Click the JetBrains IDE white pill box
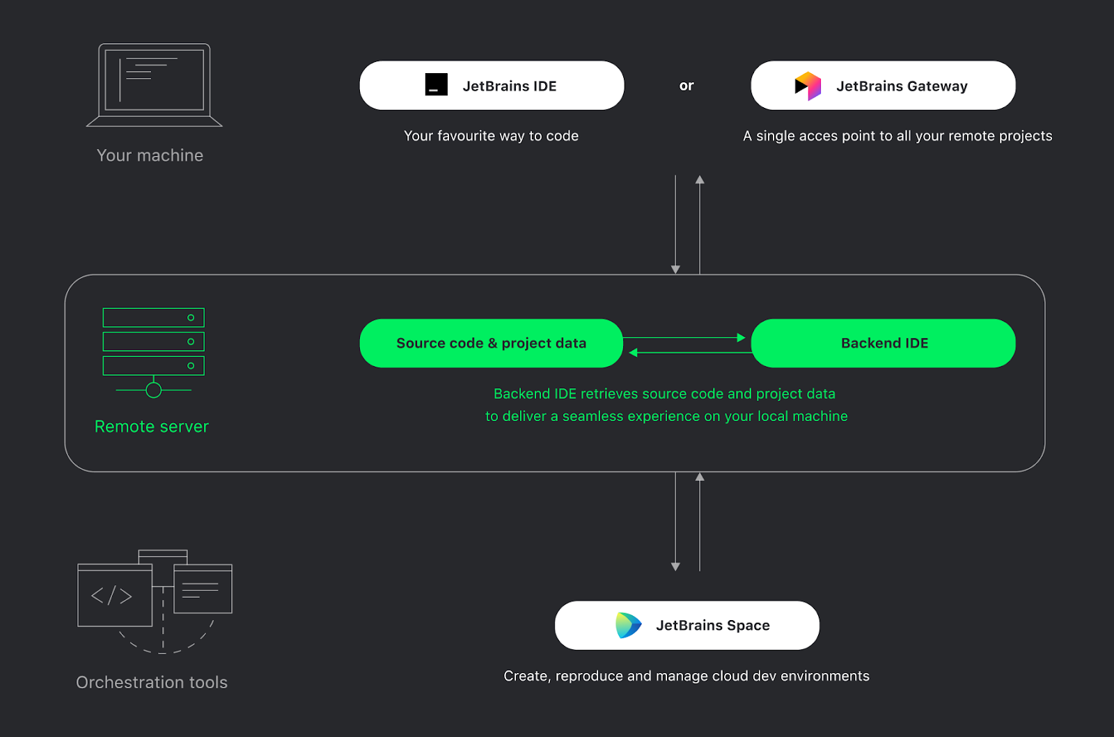click(x=492, y=86)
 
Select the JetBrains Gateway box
click(x=883, y=86)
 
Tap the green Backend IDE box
click(x=884, y=343)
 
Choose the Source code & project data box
click(x=491, y=343)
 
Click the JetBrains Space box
click(x=687, y=625)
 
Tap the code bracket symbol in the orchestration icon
click(x=111, y=596)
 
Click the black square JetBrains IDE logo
click(x=437, y=85)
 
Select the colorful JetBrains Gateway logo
click(x=808, y=86)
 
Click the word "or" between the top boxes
click(x=687, y=86)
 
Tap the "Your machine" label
click(x=150, y=155)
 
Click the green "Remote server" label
click(x=152, y=427)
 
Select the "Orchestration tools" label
click(x=152, y=682)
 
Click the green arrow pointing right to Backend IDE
click(x=741, y=338)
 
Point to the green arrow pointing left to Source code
click(x=634, y=353)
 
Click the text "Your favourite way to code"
click(x=491, y=136)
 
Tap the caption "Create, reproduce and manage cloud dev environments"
click(x=687, y=676)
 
